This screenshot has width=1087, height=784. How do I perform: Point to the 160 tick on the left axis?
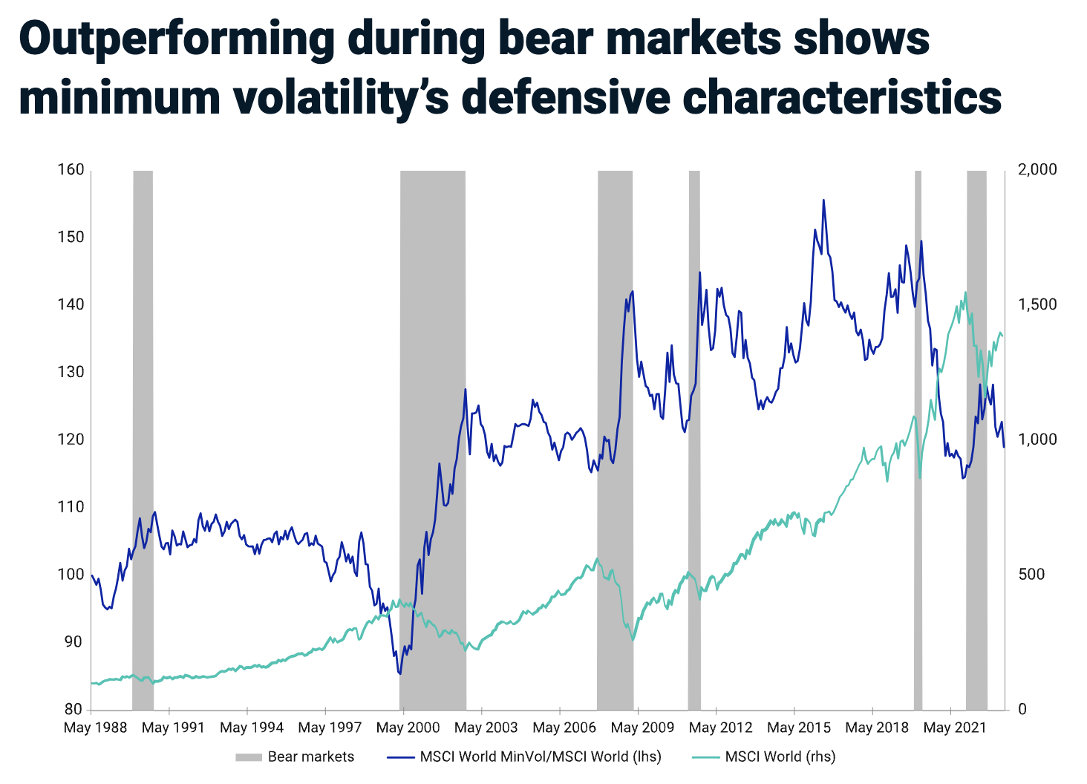click(x=71, y=170)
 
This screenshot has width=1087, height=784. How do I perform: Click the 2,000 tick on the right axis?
click(x=1037, y=170)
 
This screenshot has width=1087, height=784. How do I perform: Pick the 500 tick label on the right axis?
click(x=1031, y=575)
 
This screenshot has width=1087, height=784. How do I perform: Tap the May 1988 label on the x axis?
click(x=95, y=728)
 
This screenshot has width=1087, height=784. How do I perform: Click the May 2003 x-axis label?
click(x=486, y=728)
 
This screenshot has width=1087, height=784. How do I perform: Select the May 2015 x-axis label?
click(x=799, y=728)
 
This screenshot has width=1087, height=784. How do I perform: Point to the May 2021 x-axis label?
click(x=955, y=728)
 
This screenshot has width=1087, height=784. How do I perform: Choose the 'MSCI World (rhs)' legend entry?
click(x=780, y=757)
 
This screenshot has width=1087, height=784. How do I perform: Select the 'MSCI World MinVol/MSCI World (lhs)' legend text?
click(x=540, y=757)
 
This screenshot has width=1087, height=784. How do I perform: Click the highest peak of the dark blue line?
click(x=823, y=200)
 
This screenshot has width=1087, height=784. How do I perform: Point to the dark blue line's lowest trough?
click(x=400, y=674)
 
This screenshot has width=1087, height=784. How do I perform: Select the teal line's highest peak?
click(x=965, y=292)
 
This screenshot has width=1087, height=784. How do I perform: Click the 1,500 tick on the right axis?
click(x=1037, y=305)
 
